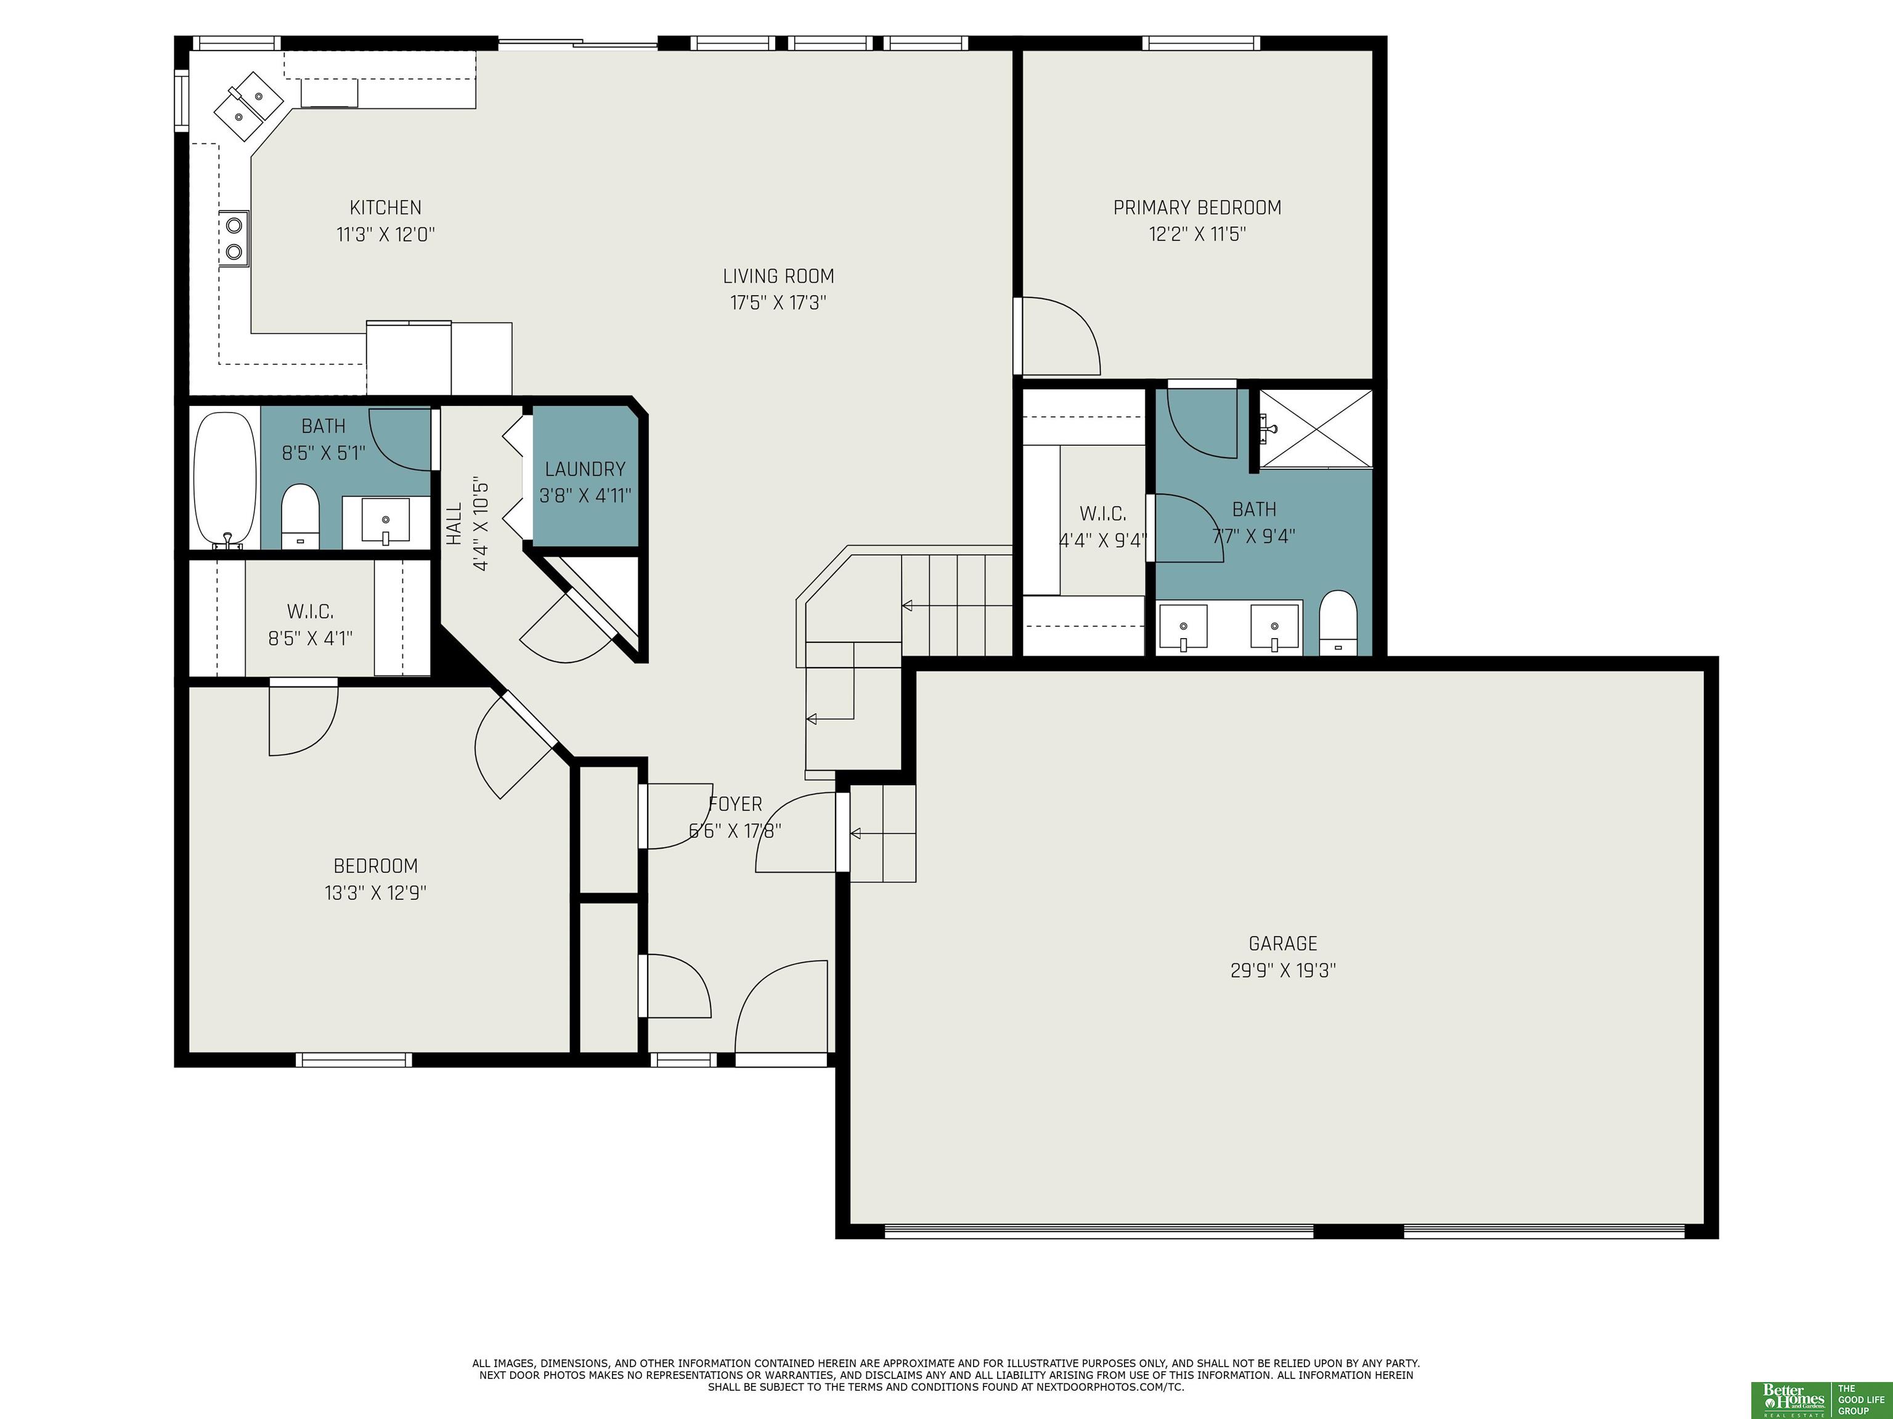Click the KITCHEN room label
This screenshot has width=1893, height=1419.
385,207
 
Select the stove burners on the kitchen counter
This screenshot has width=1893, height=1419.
234,238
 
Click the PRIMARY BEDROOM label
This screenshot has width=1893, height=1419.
1197,207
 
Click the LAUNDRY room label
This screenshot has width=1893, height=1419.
585,469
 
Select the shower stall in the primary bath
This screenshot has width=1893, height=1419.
1316,429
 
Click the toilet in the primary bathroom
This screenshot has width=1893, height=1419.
1338,623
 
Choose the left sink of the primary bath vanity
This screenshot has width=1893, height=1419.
1183,628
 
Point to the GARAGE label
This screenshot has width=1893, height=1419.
1283,944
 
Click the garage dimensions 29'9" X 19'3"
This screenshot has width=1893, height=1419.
1283,971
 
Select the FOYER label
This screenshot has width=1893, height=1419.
735,804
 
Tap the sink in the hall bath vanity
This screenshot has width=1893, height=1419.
385,520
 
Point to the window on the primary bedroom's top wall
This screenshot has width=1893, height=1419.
1202,42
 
